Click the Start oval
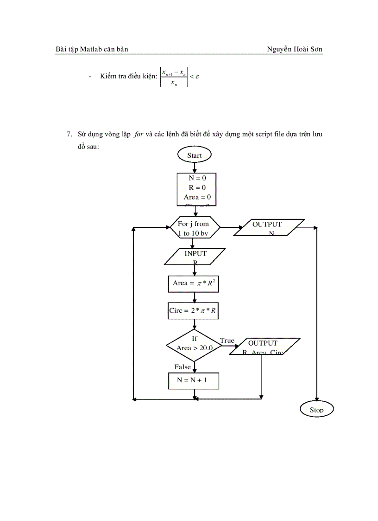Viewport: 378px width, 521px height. pos(194,155)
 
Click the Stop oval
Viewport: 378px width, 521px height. pos(316,409)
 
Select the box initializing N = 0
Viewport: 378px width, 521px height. pos(196,189)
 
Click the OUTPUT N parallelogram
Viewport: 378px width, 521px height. pos(269,228)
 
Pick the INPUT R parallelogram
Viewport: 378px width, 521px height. pos(195,257)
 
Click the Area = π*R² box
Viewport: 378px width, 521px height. pos(193,283)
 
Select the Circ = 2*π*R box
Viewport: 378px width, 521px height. pos(193,310)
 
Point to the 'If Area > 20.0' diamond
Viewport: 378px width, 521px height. pos(194,344)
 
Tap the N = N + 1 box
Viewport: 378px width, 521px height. pos(193,380)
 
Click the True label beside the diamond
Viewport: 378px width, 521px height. pos(227,341)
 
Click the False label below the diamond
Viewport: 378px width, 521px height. pos(183,367)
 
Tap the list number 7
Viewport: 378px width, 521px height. pos(69,135)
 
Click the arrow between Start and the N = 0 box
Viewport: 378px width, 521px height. pos(194,168)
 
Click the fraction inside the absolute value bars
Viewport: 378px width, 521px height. pos(174,77)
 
